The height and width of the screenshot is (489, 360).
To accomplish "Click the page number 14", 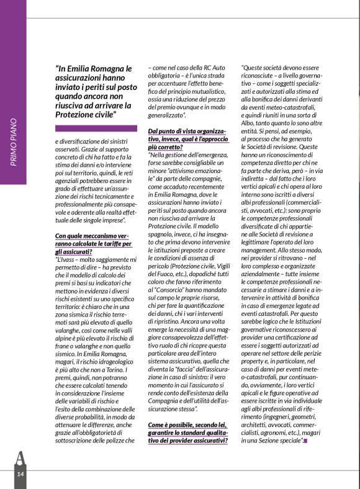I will coord(20,474).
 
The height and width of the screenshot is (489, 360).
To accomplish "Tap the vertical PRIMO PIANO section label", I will coord(14,142).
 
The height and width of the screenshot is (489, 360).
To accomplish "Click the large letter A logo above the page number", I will coord(20,459).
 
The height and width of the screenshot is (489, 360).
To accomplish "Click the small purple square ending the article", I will coord(305,441).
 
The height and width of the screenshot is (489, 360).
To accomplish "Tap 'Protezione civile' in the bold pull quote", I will coord(86,115).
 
